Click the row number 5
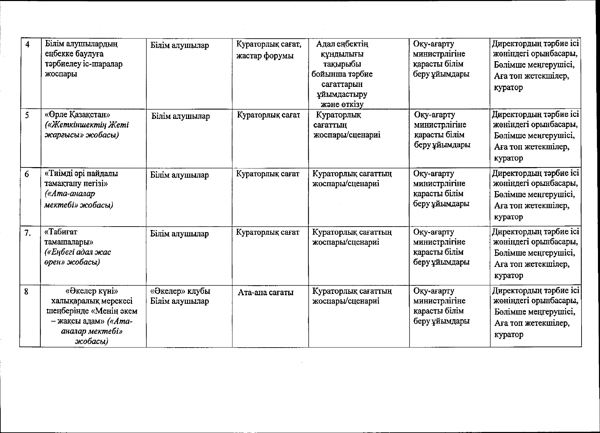tap(27, 115)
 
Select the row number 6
tap(27, 174)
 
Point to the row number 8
tap(27, 292)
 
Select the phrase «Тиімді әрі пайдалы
tap(81, 173)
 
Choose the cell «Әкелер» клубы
tap(180, 291)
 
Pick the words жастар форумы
tap(265, 56)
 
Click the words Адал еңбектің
tap(342, 44)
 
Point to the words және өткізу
tap(342, 104)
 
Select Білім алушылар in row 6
tap(179, 175)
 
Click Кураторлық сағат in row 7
tap(268, 232)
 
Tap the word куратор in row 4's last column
tap(508, 87)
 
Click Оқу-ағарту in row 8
tap(434, 291)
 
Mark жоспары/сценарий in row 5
tap(347, 135)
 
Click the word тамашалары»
tap(69, 242)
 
